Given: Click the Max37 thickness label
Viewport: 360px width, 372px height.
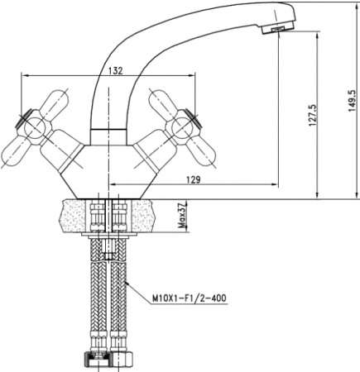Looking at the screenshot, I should tap(180, 217).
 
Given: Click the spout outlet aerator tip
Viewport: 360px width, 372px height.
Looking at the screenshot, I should tap(276, 30).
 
